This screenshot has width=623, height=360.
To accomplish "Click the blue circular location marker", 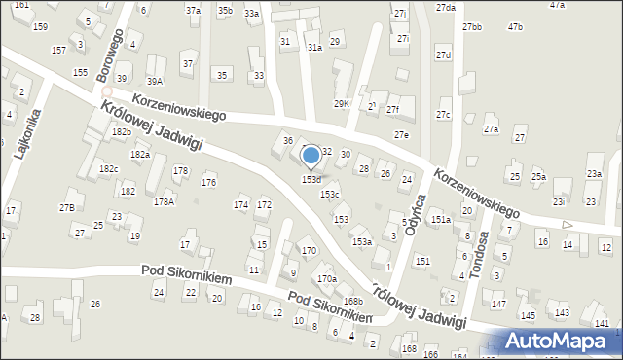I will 311,155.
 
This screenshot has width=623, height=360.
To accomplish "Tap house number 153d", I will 311,179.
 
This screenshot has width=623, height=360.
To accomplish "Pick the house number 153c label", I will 330,194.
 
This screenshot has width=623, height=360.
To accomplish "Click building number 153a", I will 361,241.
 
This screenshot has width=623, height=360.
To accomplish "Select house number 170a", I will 327,279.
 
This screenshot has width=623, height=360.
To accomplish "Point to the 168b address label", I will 352,302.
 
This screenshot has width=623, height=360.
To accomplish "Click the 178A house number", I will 164,201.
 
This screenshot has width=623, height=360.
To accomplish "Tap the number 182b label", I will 121,131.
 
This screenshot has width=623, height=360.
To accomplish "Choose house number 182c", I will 108,169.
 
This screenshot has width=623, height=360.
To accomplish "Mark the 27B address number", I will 67,207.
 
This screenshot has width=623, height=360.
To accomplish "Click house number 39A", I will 154,82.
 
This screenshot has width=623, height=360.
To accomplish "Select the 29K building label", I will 341,103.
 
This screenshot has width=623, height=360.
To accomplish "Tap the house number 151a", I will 441,220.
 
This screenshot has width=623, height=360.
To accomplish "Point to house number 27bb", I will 472,26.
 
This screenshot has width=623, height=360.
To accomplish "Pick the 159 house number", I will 40,26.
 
